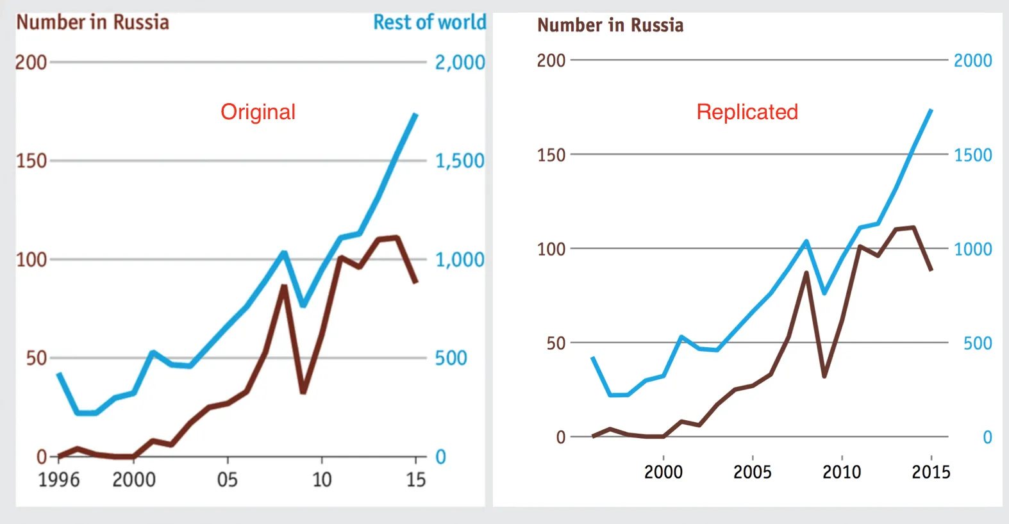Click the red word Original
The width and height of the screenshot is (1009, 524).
click(258, 112)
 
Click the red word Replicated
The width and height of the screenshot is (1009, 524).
click(747, 112)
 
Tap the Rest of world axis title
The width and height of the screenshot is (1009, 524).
click(429, 22)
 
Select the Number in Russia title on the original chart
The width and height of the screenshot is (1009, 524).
click(93, 22)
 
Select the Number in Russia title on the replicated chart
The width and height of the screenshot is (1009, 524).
click(610, 26)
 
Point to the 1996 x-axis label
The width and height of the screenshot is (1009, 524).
click(59, 479)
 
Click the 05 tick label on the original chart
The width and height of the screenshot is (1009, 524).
click(227, 479)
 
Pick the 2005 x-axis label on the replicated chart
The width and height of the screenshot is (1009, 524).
click(752, 472)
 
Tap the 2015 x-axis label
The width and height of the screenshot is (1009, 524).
click(931, 472)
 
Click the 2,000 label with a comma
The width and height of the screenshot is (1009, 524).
click(460, 63)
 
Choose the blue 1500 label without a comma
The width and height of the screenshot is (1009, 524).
click(972, 155)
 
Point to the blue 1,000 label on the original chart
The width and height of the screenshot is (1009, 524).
click(460, 259)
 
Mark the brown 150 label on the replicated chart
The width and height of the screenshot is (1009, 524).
click(551, 155)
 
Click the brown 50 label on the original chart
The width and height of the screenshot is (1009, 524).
click(37, 358)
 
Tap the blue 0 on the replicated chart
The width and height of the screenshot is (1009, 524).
click(987, 438)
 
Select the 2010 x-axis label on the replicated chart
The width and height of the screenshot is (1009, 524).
click(842, 472)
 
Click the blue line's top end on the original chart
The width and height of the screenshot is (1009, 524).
click(416, 114)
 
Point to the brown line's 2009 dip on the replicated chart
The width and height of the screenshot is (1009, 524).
click(824, 375)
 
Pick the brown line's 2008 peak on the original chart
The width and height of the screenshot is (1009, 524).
click(284, 286)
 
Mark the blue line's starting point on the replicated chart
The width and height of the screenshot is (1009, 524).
click(593, 357)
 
